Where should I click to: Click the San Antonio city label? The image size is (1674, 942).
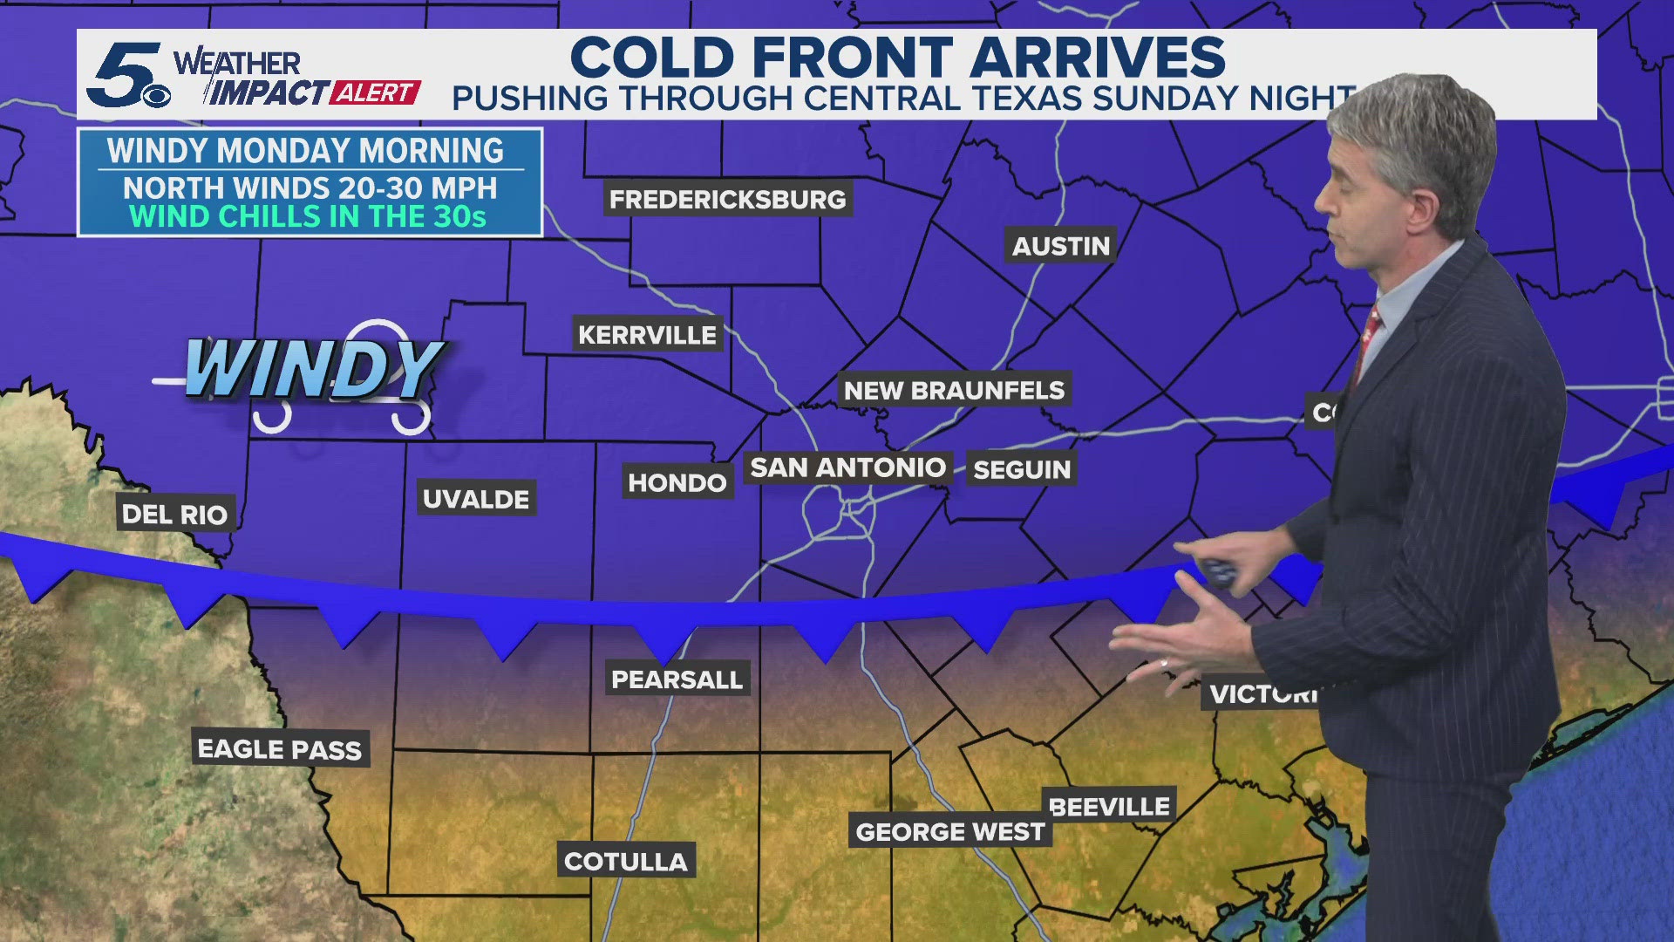click(x=847, y=468)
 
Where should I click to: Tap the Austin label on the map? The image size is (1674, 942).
click(x=1060, y=246)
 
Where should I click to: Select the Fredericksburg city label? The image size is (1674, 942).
click(x=727, y=199)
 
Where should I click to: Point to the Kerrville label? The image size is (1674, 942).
click(x=647, y=334)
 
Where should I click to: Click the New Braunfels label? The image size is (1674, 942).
click(x=954, y=390)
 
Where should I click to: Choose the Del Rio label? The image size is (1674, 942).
click(x=174, y=514)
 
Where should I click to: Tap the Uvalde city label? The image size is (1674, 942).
click(x=476, y=499)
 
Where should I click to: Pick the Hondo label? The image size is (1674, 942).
click(x=677, y=482)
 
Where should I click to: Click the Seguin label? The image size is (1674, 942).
click(x=1022, y=469)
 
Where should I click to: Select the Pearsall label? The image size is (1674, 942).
click(x=677, y=679)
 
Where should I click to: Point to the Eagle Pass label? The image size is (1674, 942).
click(x=280, y=748)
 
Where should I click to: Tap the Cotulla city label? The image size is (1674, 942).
click(x=626, y=861)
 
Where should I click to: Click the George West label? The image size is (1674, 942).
click(x=949, y=831)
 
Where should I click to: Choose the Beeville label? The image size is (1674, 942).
click(x=1109, y=806)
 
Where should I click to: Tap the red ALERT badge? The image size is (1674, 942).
click(x=376, y=92)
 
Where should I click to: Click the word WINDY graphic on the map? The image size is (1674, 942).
click(x=314, y=369)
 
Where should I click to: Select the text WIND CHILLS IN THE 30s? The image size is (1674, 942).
click(x=308, y=216)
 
